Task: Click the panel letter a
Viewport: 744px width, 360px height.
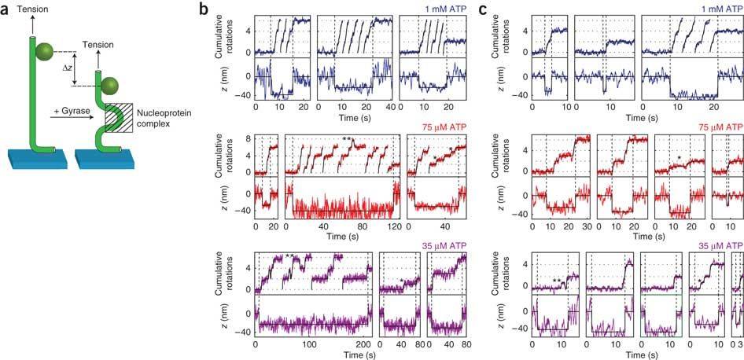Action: pyautogui.click(x=6, y=11)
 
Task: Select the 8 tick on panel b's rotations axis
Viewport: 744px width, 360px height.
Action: pyautogui.click(x=247, y=138)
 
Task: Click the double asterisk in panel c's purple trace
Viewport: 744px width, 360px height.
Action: pyautogui.click(x=557, y=281)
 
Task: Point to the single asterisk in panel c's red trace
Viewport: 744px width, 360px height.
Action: pyautogui.click(x=678, y=157)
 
